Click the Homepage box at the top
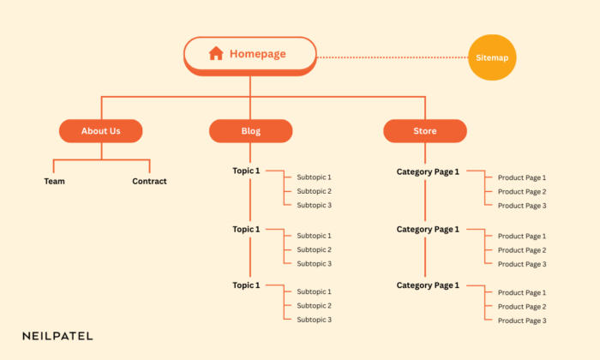coord(250,54)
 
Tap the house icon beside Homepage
coord(216,53)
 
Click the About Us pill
coord(100,131)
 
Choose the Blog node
coord(250,131)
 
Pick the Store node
coord(424,131)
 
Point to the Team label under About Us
coord(54,181)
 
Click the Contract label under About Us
coord(149,181)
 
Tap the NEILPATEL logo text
coord(57,336)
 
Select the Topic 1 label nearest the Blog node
coord(246,171)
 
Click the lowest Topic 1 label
coord(246,285)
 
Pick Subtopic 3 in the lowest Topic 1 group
coord(314,320)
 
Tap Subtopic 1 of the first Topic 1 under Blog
coord(314,177)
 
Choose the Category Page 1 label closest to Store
coord(428,171)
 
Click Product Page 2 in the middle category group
coord(521,250)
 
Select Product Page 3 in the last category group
coord(521,321)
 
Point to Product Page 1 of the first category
coord(521,178)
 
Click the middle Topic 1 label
coord(246,229)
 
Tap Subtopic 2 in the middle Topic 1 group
coord(314,249)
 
